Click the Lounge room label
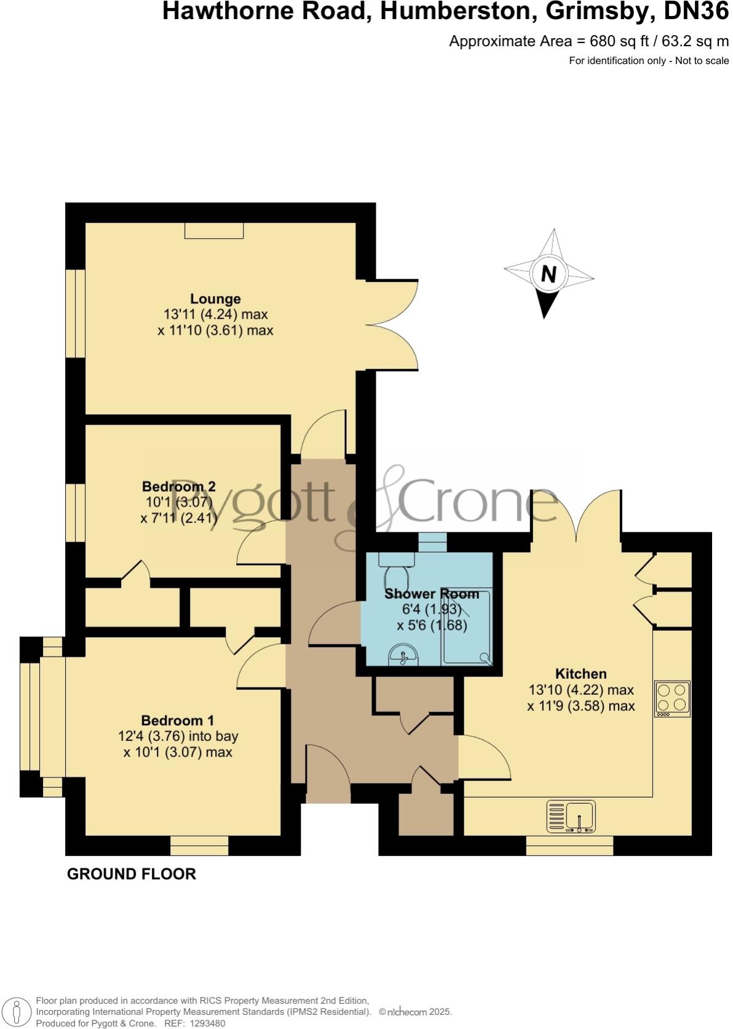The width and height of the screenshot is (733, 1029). click(215, 299)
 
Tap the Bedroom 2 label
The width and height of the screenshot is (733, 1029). click(178, 486)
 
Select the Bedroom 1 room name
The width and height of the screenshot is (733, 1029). click(177, 720)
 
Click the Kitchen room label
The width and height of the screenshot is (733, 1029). click(580, 673)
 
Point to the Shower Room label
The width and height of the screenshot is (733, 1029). click(431, 594)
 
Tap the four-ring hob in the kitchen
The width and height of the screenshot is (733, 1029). click(672, 699)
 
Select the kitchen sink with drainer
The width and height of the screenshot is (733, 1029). click(571, 817)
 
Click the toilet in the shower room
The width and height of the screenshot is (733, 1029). click(397, 571)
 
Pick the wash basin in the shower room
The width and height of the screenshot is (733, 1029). click(403, 657)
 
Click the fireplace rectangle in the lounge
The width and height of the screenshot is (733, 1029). click(214, 230)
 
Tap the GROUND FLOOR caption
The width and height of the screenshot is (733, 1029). click(131, 874)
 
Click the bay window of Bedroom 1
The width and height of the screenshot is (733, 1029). click(31, 716)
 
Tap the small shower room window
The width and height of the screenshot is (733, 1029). click(432, 542)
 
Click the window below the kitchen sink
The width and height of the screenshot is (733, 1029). click(569, 846)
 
